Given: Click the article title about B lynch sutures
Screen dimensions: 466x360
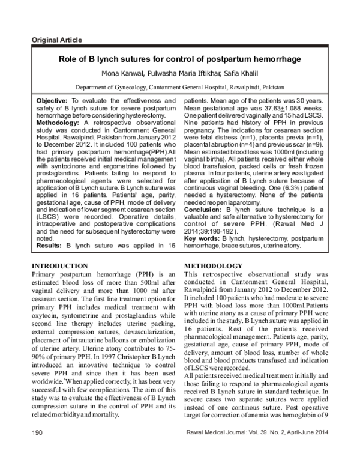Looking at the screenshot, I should [x=179, y=59].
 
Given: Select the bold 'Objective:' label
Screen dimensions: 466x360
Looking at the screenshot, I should [x=52, y=100].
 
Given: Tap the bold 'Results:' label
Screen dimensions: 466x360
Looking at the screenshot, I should [x=50, y=246].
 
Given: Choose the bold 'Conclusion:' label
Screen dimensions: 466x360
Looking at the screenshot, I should [x=203, y=210].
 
